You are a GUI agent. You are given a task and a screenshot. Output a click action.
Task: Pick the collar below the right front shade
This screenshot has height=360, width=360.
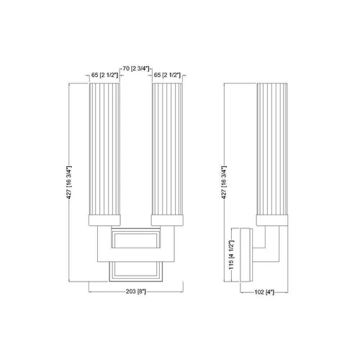(167, 219)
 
